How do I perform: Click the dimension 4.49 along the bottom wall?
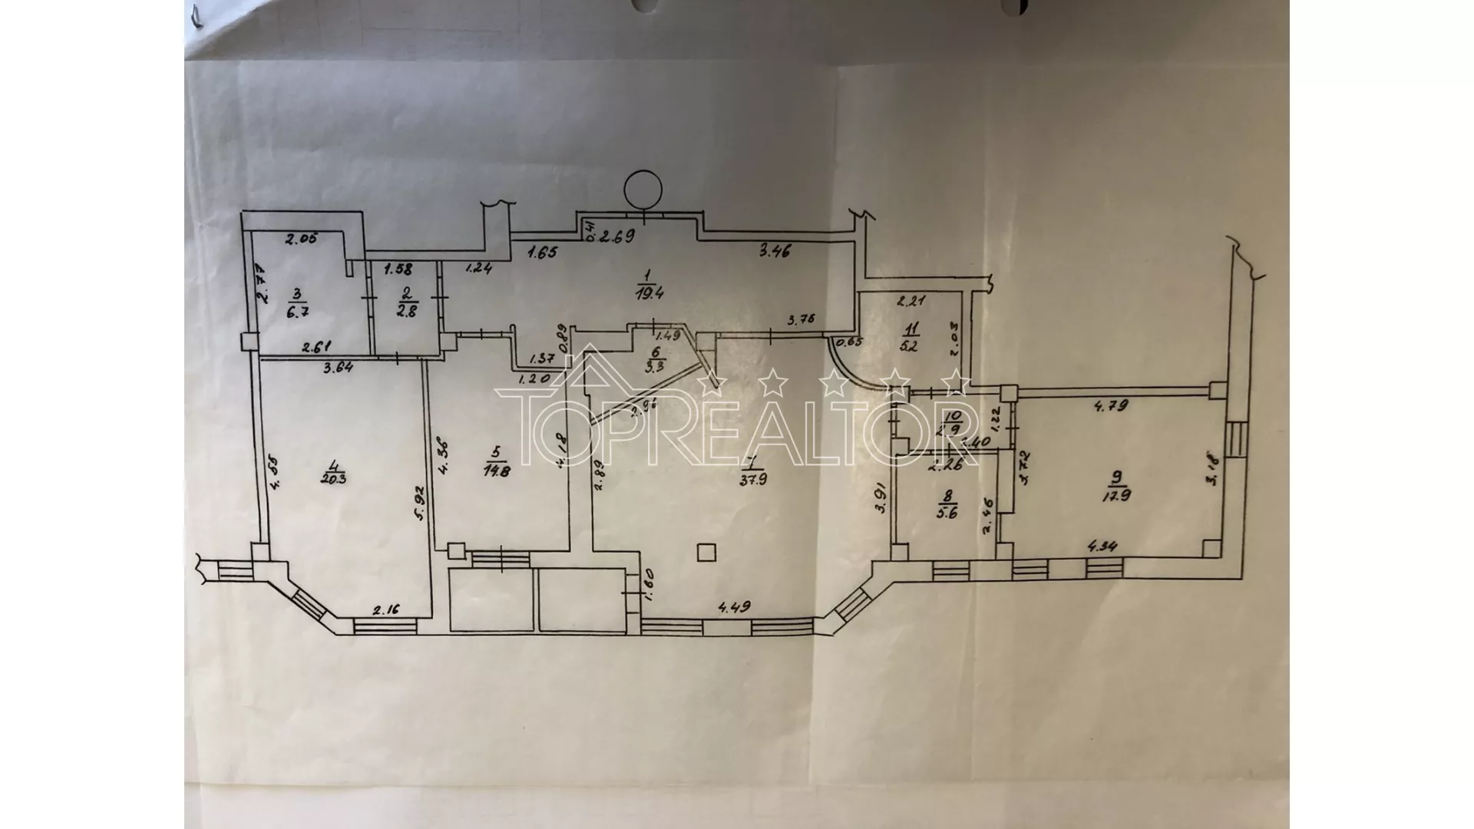735,606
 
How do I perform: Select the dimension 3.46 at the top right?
775,249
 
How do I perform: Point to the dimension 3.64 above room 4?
338,367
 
